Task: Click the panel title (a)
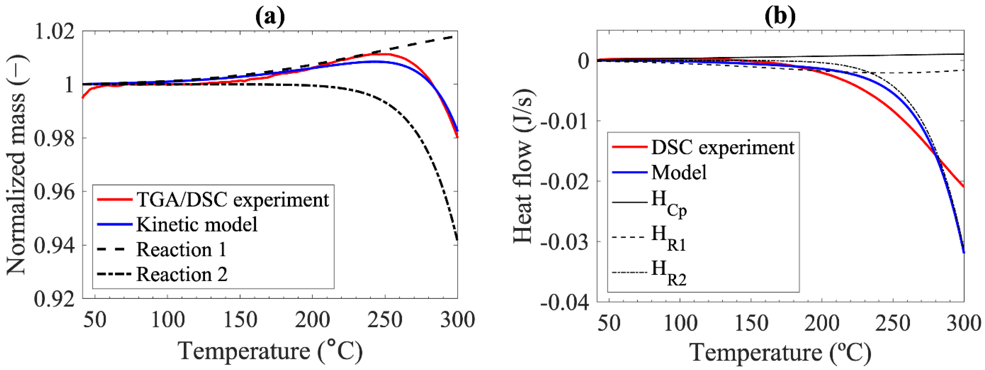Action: tap(270, 16)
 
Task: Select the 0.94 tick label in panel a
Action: tap(54, 246)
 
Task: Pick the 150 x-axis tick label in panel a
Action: tap(240, 320)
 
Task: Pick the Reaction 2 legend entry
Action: tap(182, 274)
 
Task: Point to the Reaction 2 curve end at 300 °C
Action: tap(457, 239)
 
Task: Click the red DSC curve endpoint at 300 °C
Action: tap(963, 187)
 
